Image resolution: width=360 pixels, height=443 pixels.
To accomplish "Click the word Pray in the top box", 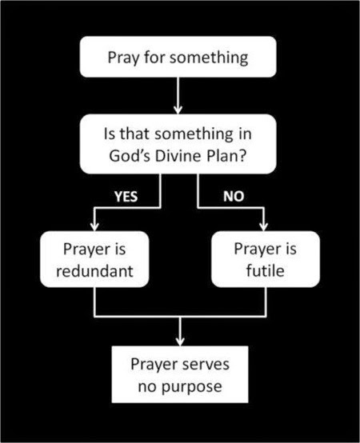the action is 123,58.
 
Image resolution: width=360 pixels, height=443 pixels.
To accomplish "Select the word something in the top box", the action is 209,58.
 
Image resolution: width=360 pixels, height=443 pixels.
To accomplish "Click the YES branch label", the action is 126,197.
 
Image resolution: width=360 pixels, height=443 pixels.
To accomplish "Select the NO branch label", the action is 234,196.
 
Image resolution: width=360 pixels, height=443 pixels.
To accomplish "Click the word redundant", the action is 94,271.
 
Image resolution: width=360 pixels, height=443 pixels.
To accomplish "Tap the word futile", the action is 265,270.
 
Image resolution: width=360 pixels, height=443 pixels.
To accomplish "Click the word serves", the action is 206,365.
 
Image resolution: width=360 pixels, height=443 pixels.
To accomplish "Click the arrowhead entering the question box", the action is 178,110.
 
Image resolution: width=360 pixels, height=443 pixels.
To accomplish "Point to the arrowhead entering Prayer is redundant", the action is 94,226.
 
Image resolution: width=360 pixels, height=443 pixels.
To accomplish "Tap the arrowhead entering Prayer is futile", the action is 264,226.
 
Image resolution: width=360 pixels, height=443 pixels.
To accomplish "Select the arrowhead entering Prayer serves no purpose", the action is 180,341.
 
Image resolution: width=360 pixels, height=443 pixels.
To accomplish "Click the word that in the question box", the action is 135,134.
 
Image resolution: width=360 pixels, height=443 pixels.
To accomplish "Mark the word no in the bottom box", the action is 147,387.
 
